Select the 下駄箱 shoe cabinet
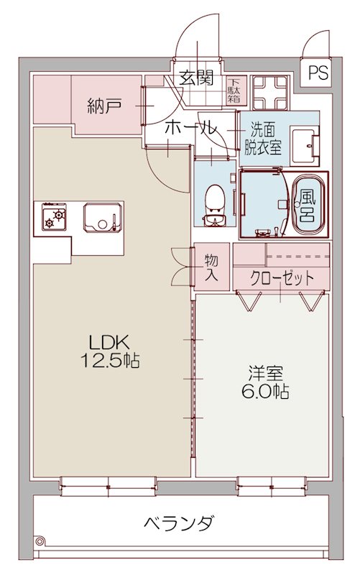click(236, 89)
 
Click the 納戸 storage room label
click(103, 108)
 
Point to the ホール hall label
click(189, 129)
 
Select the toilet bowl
click(213, 198)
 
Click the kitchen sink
click(100, 216)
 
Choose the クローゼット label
click(282, 277)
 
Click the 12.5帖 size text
click(109, 361)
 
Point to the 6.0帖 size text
click(265, 392)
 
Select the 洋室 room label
click(265, 373)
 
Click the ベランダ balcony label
click(177, 523)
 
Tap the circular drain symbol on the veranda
click(40, 541)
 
